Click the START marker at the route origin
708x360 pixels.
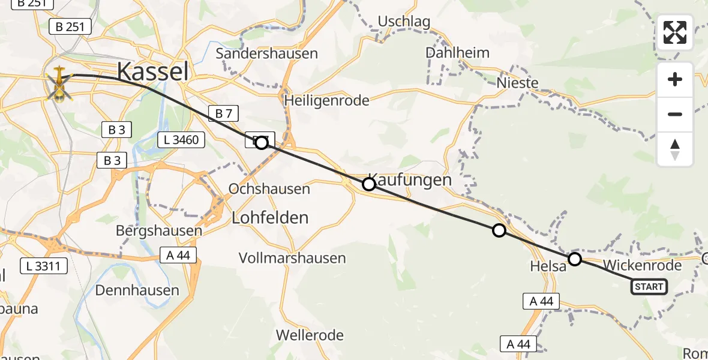[x=649, y=287]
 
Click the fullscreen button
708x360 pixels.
[x=675, y=32]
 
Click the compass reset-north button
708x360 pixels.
[x=675, y=149]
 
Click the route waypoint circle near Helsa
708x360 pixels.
[x=574, y=259]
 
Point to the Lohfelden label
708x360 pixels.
[x=270, y=217]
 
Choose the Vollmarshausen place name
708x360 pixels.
[x=292, y=259]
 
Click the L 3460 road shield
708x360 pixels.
[x=181, y=140]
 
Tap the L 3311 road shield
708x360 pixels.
[x=44, y=265]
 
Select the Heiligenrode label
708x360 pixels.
[x=327, y=100]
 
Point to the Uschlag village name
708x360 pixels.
[x=404, y=22]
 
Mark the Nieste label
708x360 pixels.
[x=518, y=83]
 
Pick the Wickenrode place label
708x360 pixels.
[x=643, y=265]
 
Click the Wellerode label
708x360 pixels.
[x=310, y=335]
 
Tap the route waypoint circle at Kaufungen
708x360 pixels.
[x=369, y=184]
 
